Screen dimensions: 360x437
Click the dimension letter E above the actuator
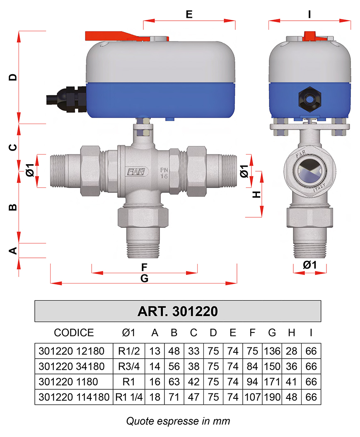pos(189,14)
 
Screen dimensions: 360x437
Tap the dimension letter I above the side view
pos(309,14)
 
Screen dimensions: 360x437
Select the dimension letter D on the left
pos(13,77)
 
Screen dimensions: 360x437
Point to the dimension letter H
pos(256,194)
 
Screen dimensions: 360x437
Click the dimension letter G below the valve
pos(144,278)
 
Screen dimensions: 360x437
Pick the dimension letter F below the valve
pos(144,267)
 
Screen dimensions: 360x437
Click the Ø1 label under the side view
pos(309,265)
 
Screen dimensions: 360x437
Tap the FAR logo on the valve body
pos(136,172)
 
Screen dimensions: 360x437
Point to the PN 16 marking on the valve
pos(164,173)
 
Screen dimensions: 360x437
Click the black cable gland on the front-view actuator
pos(67,99)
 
